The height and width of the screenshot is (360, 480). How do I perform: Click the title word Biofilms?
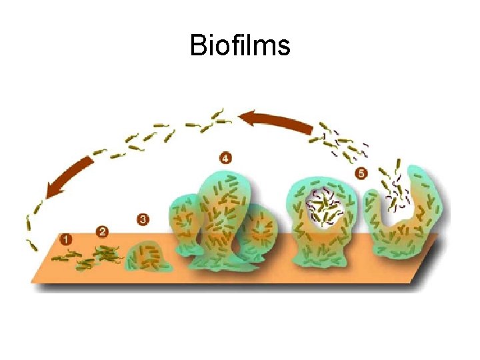pyautogui.click(x=240, y=45)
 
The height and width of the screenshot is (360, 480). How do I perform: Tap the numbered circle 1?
pyautogui.click(x=67, y=239)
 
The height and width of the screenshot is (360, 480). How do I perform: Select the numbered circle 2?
pyautogui.click(x=102, y=231)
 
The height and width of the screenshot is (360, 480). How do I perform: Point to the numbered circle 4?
pyautogui.click(x=225, y=158)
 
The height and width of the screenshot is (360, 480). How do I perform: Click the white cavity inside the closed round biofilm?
pyautogui.click(x=327, y=207)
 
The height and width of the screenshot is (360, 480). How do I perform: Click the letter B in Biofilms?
pyautogui.click(x=198, y=45)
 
